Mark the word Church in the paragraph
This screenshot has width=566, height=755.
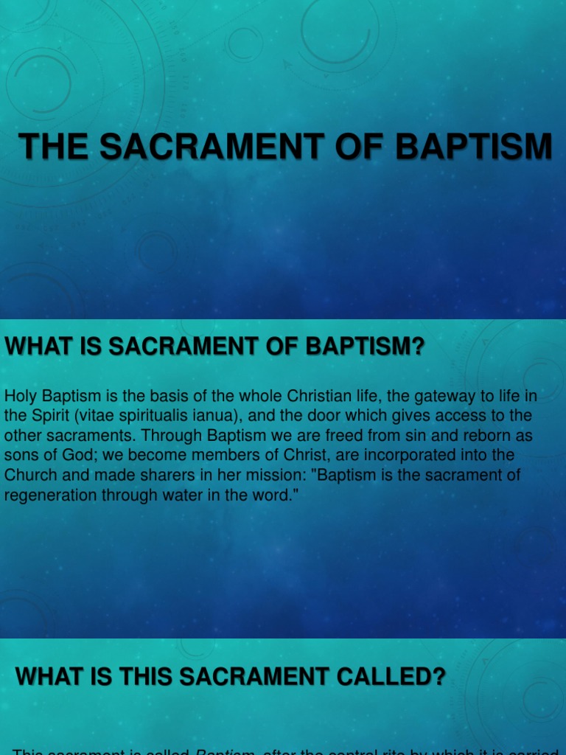click(30, 476)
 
